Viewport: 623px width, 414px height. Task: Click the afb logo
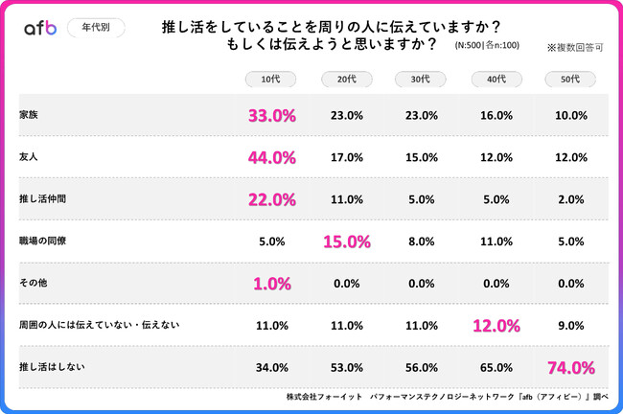[x=39, y=29]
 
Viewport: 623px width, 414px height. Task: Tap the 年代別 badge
[x=96, y=28]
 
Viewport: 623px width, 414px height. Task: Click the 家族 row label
[x=29, y=115]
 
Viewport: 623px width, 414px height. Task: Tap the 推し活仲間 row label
[x=44, y=199]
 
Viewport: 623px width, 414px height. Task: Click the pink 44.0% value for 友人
[x=271, y=158]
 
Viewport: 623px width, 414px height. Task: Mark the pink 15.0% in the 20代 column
[x=346, y=241]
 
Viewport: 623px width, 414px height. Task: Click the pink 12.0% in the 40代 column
[x=496, y=326]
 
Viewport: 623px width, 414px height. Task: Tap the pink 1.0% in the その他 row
[x=271, y=284]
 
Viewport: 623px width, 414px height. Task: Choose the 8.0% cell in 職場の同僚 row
[x=421, y=241]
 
